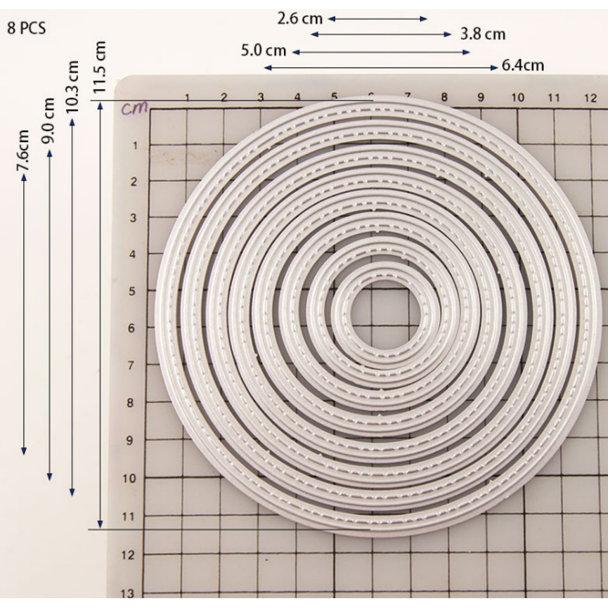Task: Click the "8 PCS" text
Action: (27, 28)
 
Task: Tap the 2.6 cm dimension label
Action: (299, 18)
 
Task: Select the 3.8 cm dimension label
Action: (483, 34)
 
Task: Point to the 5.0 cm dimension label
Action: (264, 51)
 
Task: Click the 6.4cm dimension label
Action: (523, 65)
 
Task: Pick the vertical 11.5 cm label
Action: (100, 67)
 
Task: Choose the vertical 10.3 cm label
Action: (72, 87)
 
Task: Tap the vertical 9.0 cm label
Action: (48, 121)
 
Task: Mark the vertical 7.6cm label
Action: (23, 150)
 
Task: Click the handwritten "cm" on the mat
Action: (134, 108)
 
